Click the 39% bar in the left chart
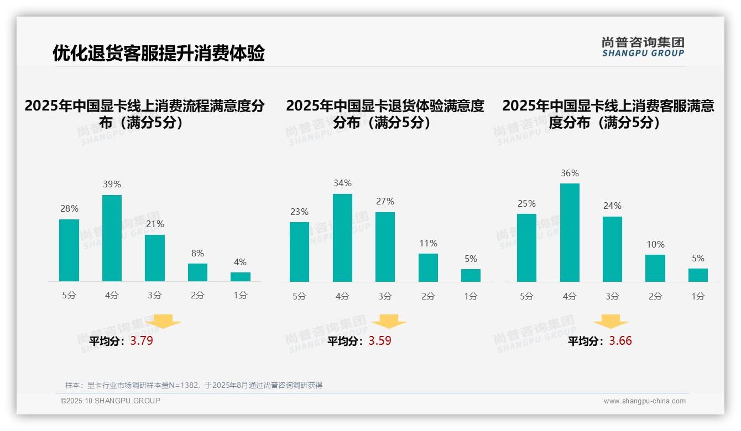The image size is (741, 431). click(112, 238)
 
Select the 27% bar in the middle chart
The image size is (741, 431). click(385, 247)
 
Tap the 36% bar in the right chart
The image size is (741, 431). click(570, 233)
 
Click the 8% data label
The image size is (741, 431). click(197, 254)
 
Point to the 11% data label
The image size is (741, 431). click(428, 244)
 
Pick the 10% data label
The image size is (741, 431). click(655, 245)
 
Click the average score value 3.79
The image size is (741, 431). click(142, 341)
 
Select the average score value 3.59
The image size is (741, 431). click(380, 341)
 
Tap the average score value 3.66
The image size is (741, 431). click(620, 341)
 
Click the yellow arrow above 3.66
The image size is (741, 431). click(610, 322)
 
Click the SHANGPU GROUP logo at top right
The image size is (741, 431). click(643, 47)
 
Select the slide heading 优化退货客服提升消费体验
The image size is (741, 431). click(159, 53)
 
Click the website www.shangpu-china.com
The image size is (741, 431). click(644, 401)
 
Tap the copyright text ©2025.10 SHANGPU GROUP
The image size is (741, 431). click(111, 401)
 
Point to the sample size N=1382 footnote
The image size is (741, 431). click(194, 385)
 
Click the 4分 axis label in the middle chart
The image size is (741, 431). click(342, 297)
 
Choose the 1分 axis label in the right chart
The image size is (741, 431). click(698, 297)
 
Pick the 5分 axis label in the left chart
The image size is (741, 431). click(69, 296)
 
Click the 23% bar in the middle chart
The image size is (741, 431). click(299, 252)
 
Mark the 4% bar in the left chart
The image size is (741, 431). click(241, 277)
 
